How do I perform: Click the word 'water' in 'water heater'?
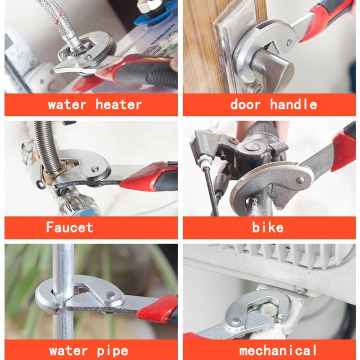click(x=67, y=105)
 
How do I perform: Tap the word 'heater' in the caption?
click(x=118, y=105)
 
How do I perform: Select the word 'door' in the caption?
click(x=245, y=105)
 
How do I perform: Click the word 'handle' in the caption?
click(x=293, y=105)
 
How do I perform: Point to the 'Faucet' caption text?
click(x=70, y=227)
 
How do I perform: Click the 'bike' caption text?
click(x=268, y=227)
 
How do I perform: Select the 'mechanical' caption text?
click(x=278, y=350)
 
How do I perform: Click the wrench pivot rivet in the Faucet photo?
click(x=95, y=169)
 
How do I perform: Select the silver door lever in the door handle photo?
click(x=270, y=67)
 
